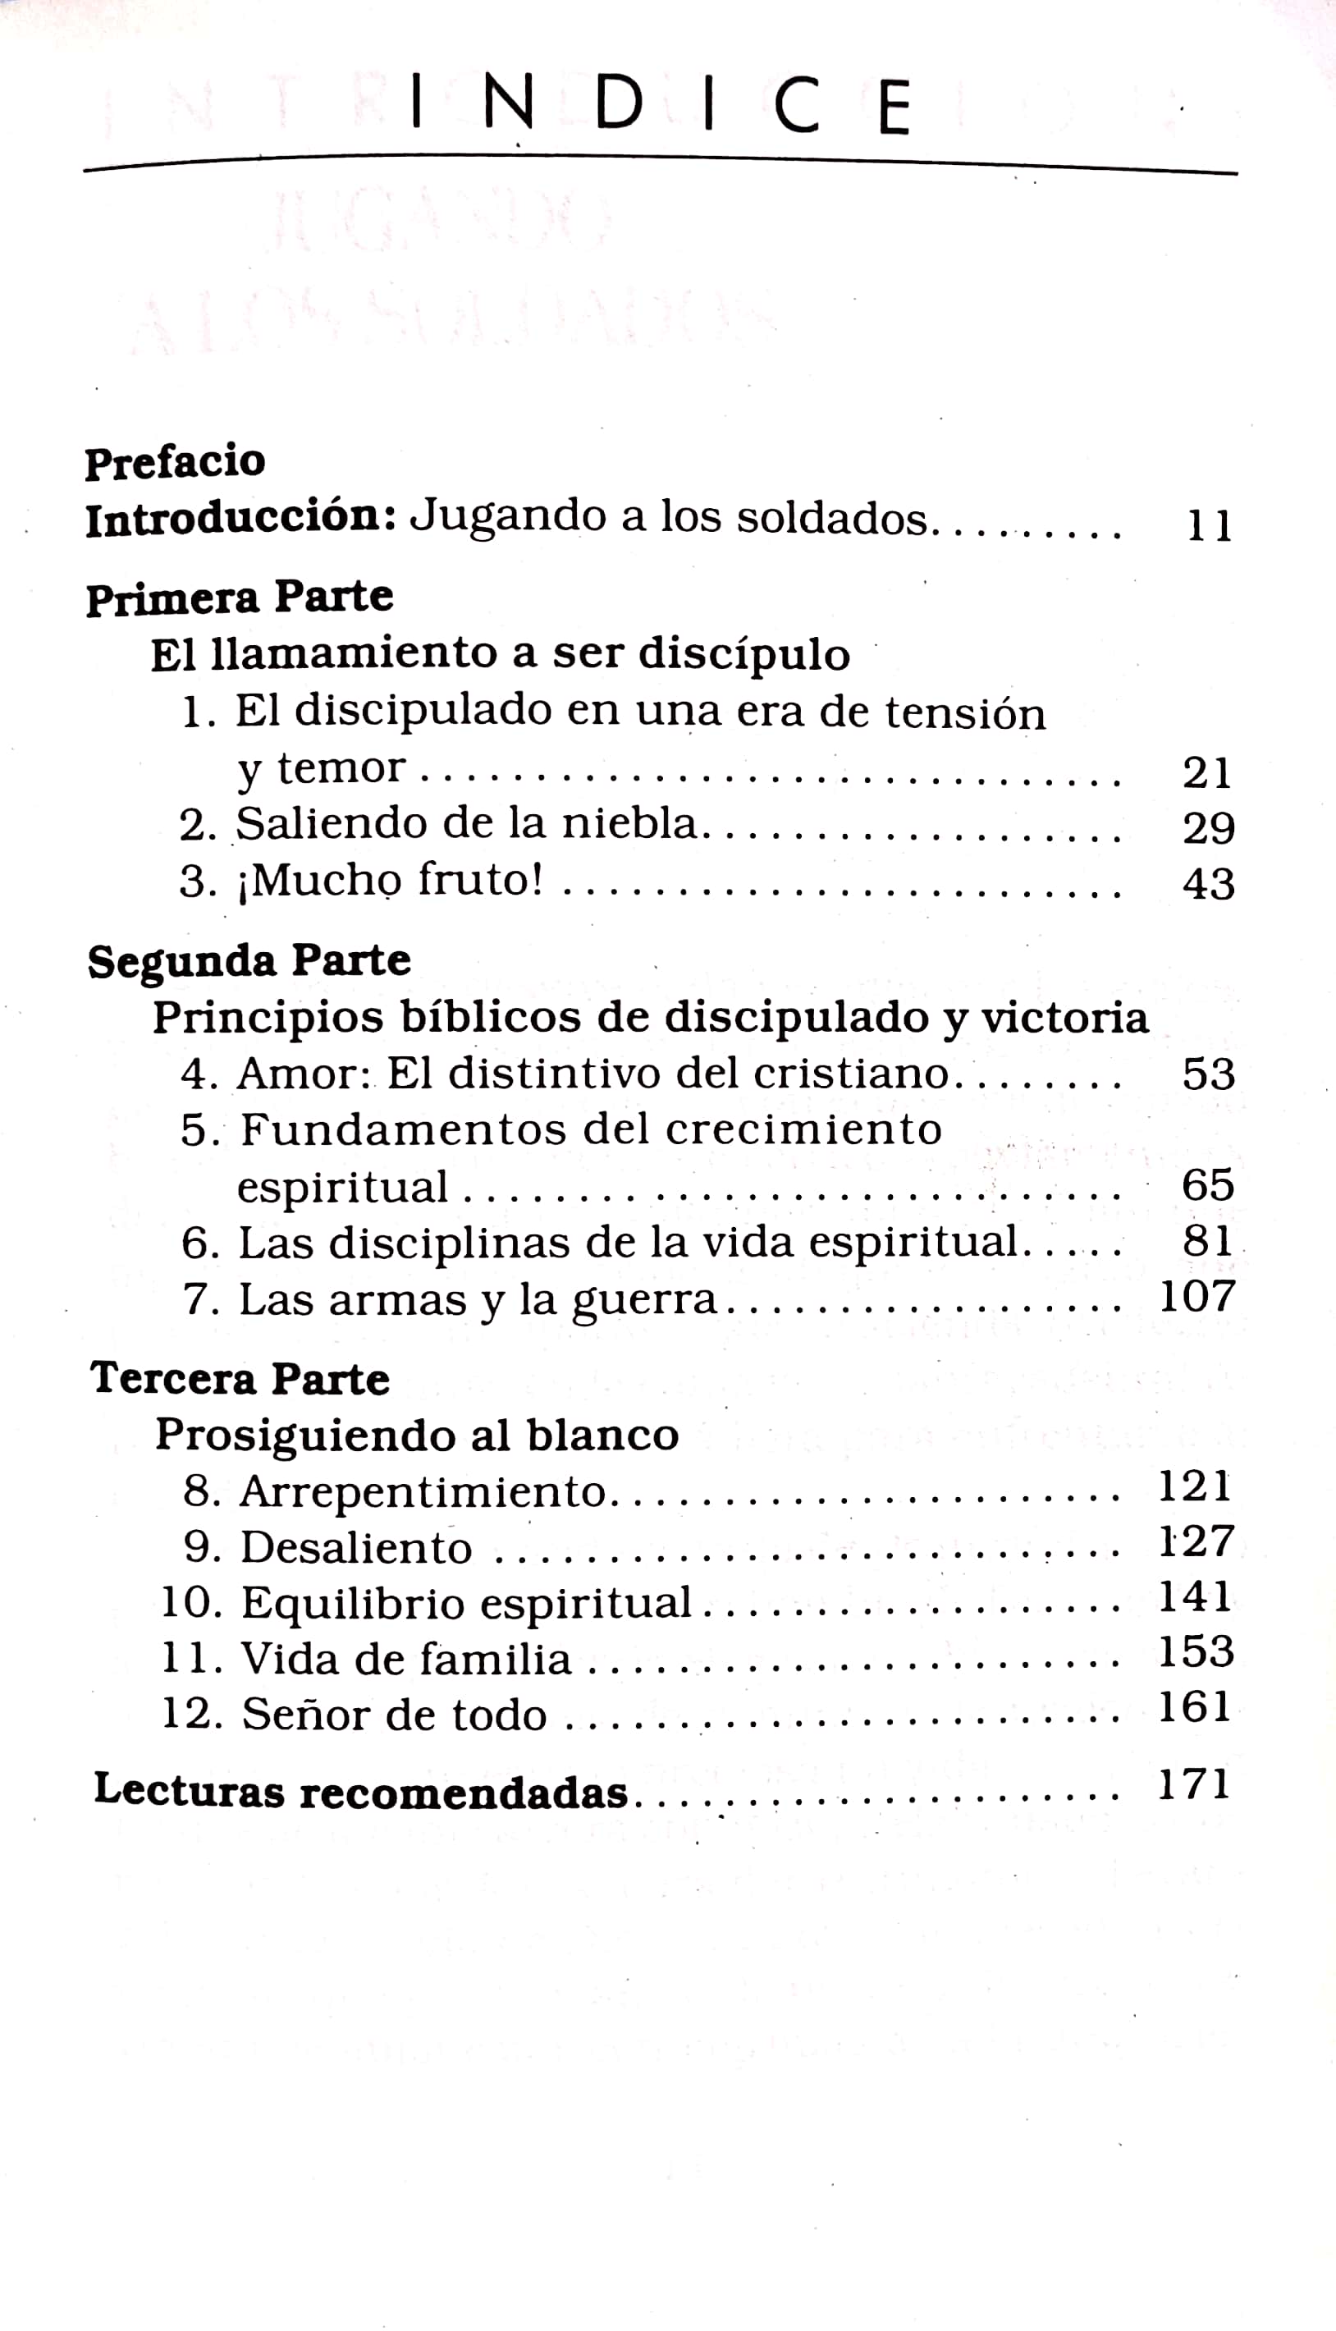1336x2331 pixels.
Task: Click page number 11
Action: click(x=1210, y=526)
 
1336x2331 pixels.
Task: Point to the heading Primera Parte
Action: click(x=240, y=598)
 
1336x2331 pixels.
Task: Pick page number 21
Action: click(x=1207, y=772)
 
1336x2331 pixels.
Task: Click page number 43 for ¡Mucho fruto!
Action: click(x=1209, y=883)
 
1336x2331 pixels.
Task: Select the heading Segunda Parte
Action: click(x=249, y=961)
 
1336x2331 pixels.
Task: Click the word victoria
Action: click(x=1064, y=1017)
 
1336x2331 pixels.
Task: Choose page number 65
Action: click(x=1207, y=1184)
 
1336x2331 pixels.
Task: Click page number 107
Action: click(x=1197, y=1297)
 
